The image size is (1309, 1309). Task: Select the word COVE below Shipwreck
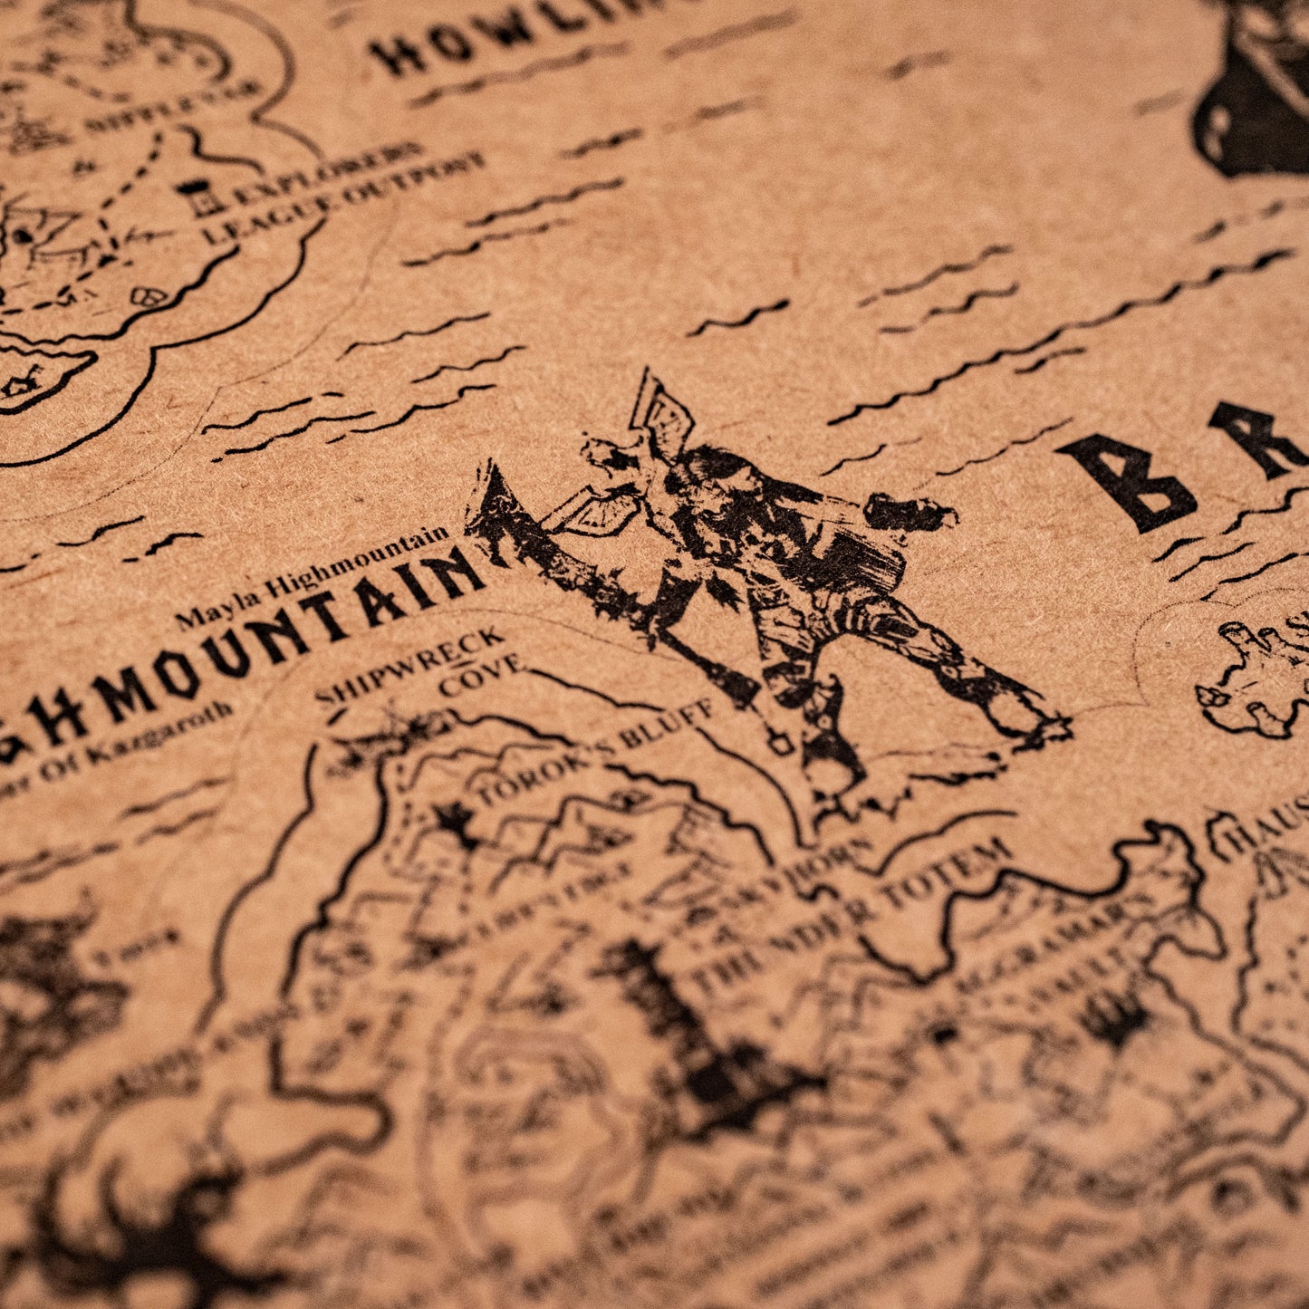(x=480, y=676)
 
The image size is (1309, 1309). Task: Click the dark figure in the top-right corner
(x=1259, y=91)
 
